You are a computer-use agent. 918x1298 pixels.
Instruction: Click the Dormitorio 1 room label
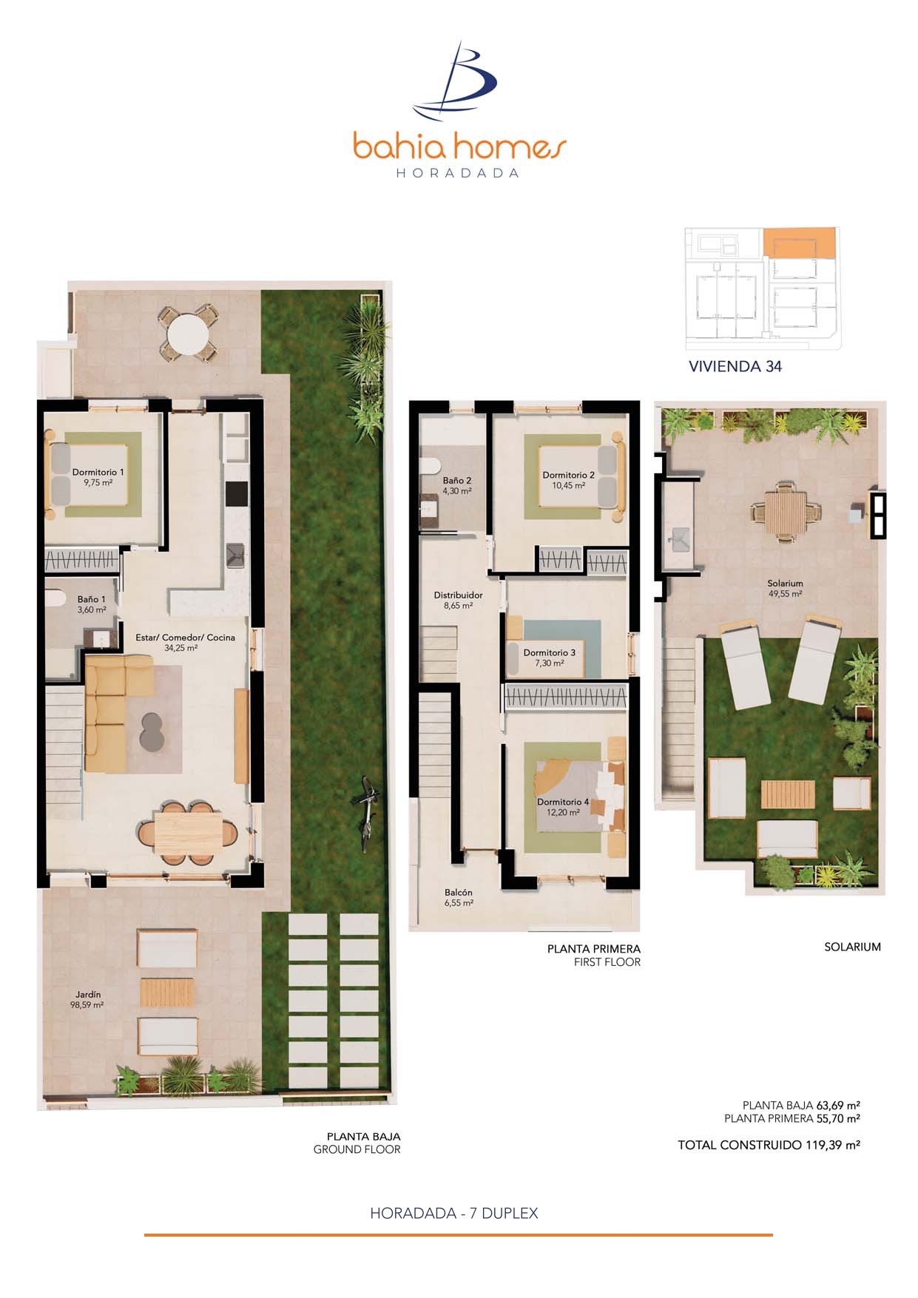pos(98,477)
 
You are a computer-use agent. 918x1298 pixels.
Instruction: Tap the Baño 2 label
pos(457,485)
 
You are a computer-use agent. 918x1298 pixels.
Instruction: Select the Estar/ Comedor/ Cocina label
pos(185,642)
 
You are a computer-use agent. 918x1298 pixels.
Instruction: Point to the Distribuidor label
pos(458,600)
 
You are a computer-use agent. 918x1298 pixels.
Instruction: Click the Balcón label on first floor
pos(459,897)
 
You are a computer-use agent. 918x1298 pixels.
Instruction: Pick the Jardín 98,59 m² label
pos(87,999)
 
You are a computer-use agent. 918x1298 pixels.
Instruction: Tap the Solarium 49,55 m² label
pos(785,588)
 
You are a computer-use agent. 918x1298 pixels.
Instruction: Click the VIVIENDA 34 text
pos(735,366)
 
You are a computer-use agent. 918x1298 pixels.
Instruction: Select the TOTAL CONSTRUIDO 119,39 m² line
pos(769,1145)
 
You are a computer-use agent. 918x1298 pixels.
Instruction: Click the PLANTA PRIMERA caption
pos(594,948)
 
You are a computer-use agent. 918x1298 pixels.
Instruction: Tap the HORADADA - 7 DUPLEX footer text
pos(454,1213)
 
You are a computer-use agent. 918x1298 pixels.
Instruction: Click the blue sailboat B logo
pos(455,81)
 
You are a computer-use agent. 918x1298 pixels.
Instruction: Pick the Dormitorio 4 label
pos(563,807)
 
